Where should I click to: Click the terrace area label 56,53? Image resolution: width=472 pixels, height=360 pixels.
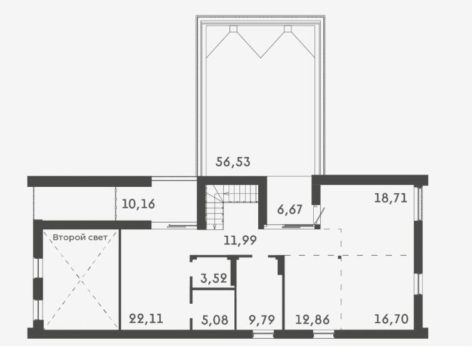click(233, 162)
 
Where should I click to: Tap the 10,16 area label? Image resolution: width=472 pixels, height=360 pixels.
click(138, 204)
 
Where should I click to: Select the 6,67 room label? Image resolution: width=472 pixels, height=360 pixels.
click(289, 209)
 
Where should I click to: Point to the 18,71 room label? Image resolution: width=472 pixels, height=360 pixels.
click(391, 198)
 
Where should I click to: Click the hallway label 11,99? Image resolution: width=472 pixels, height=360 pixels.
click(240, 240)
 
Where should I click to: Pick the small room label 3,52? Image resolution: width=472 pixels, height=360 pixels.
click(214, 278)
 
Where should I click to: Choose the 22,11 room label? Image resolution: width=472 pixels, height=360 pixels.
click(146, 319)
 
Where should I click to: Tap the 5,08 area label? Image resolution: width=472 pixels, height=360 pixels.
click(214, 319)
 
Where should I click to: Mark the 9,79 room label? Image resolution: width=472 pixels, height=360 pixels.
click(262, 319)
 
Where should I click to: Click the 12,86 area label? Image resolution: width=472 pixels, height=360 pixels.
click(313, 319)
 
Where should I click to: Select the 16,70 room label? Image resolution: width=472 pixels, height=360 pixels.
click(391, 319)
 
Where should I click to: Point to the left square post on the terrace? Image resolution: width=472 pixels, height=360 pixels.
click(233, 29)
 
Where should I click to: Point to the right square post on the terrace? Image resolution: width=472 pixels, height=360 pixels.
click(288, 29)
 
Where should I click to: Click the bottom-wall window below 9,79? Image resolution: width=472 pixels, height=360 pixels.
click(263, 334)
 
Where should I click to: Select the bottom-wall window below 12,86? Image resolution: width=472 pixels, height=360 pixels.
click(323, 334)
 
